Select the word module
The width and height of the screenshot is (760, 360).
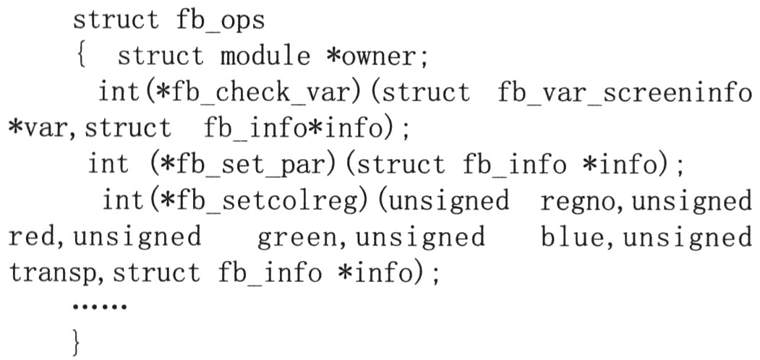(x=265, y=56)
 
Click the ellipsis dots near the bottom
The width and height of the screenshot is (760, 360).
(x=99, y=307)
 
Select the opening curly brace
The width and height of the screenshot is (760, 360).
(x=81, y=56)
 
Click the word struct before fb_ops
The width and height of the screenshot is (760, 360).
(x=115, y=20)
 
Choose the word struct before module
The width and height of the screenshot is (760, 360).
(x=161, y=56)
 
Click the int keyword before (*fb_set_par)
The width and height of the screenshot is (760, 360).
(x=108, y=164)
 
